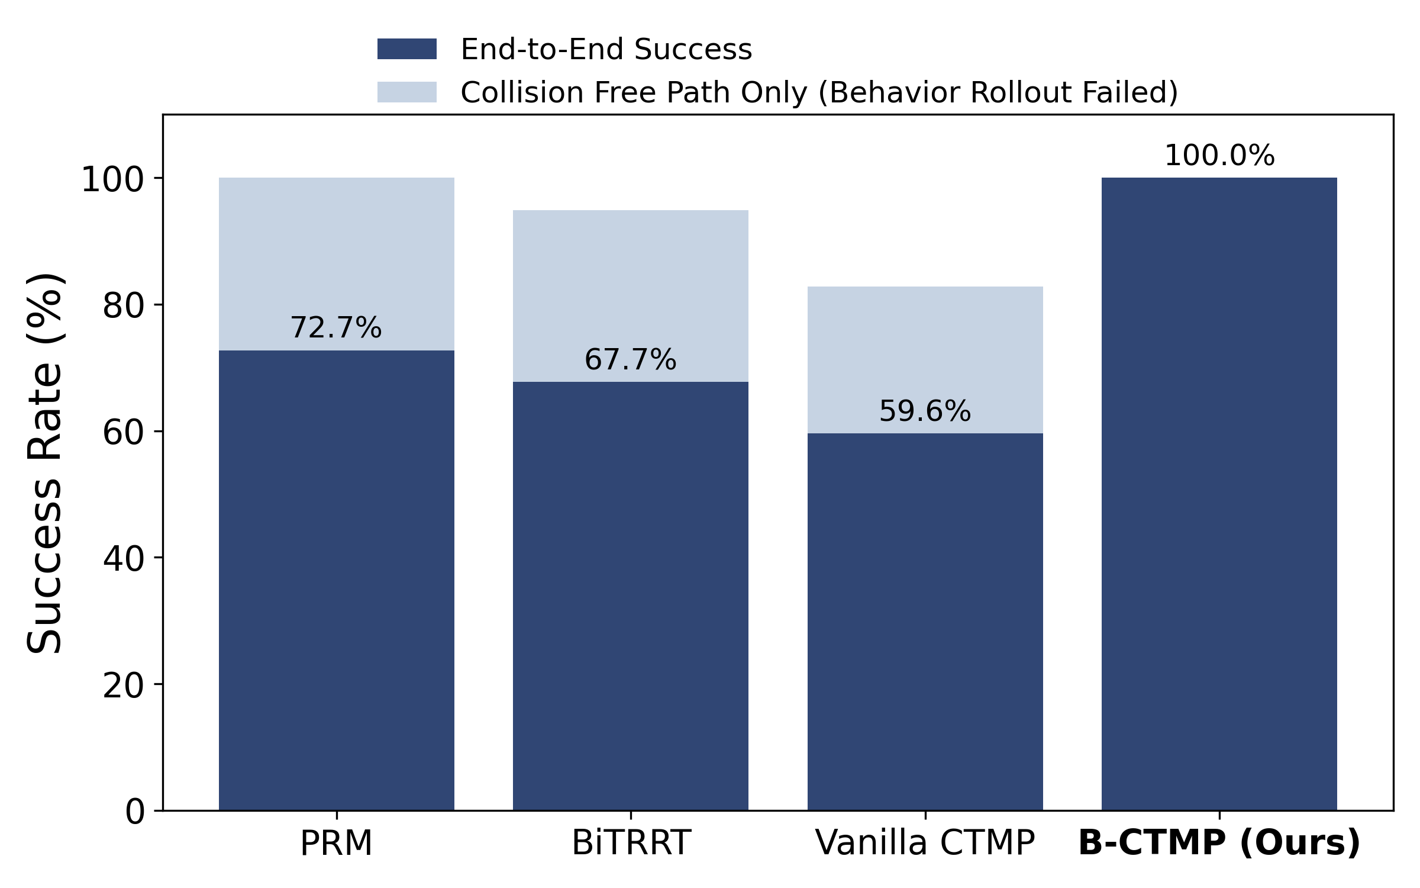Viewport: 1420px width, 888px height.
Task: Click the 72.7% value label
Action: (336, 328)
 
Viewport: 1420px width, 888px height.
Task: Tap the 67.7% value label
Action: (630, 360)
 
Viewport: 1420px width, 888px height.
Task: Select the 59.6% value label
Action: (925, 411)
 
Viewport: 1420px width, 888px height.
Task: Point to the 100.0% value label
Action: (1219, 156)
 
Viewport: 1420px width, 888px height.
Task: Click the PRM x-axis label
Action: (336, 843)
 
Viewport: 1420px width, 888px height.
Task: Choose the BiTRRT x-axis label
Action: (631, 843)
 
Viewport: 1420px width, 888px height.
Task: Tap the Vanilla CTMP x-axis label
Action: (925, 843)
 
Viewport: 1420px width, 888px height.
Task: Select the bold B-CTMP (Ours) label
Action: (1219, 843)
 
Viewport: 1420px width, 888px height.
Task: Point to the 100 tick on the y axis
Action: (112, 180)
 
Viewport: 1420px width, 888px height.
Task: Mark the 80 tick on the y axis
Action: (124, 307)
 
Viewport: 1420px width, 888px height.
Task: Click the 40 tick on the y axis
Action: (124, 559)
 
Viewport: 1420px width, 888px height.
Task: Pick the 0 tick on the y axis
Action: (135, 812)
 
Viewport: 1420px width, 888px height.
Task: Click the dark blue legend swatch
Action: (407, 49)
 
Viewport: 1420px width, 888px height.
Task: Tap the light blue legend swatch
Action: (407, 92)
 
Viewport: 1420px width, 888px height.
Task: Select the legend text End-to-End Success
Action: (606, 49)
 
